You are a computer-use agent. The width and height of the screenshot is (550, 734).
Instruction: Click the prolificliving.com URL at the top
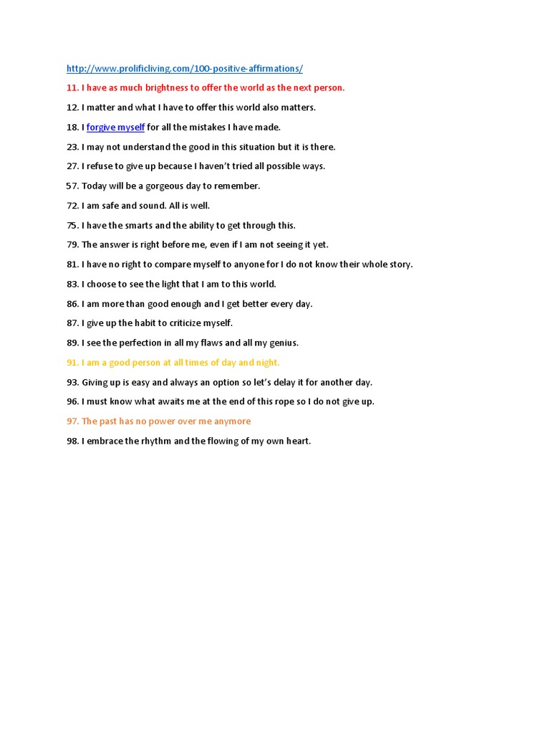point(184,69)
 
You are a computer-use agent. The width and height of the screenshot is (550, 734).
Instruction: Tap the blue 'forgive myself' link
point(115,128)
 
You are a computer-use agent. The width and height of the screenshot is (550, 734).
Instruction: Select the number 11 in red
point(72,88)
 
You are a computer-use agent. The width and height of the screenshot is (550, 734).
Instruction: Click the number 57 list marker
point(72,186)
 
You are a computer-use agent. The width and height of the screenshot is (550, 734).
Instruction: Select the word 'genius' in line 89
point(282,343)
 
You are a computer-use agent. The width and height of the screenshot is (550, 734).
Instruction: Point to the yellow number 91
point(72,363)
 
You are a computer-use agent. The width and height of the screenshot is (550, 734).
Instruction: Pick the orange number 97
point(72,421)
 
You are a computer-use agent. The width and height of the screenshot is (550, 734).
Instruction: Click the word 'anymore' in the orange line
point(231,421)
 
